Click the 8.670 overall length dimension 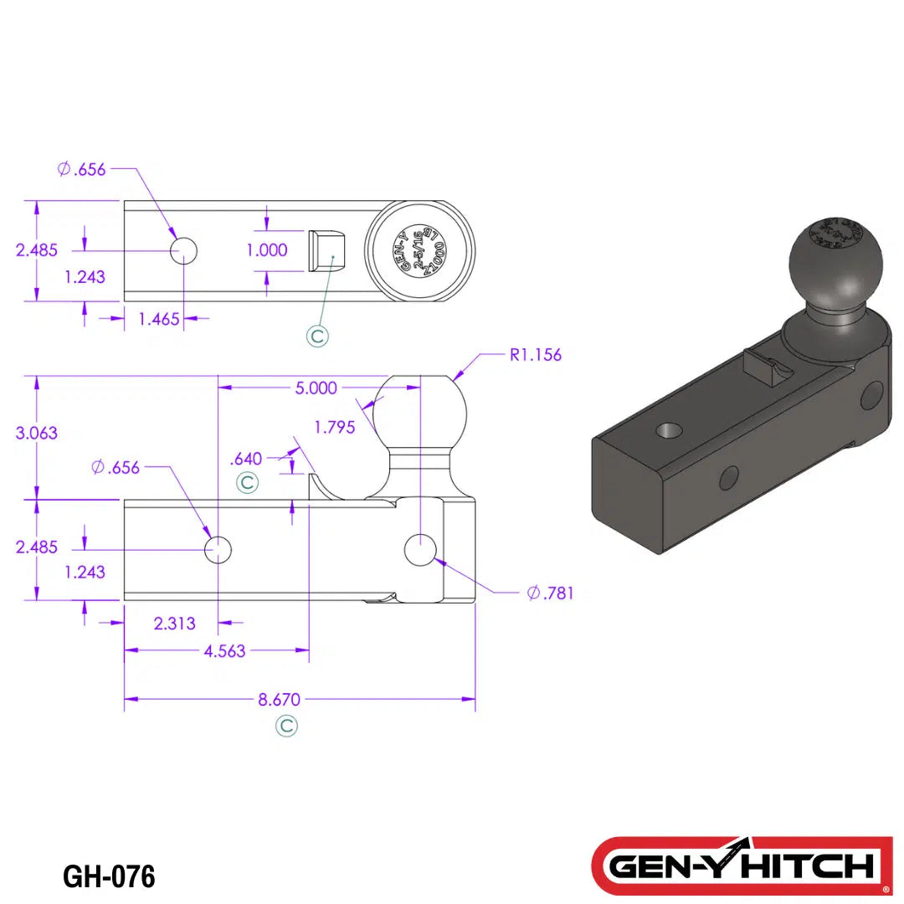(280, 699)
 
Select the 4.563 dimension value (224, 650)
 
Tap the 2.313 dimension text (175, 623)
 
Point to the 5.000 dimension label (316, 388)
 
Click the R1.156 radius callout (536, 355)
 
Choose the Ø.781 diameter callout (551, 593)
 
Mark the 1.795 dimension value (335, 427)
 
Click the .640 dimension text (245, 458)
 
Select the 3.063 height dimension (37, 433)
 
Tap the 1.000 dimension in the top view (267, 250)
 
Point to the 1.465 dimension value (159, 318)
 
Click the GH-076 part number (109, 876)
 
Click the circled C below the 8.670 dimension (286, 726)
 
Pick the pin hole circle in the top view (183, 249)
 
